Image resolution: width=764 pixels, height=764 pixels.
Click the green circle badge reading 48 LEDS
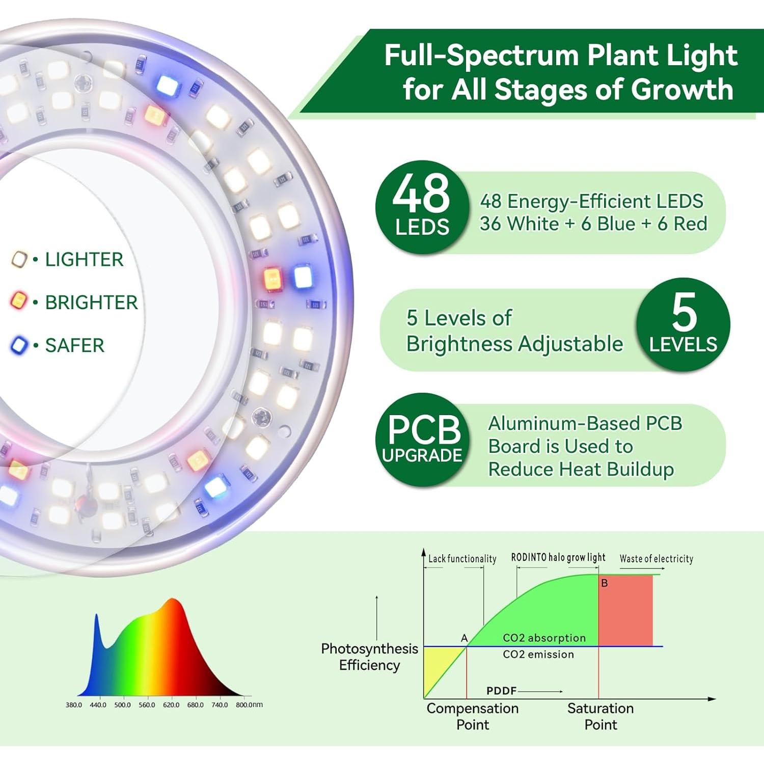click(x=422, y=207)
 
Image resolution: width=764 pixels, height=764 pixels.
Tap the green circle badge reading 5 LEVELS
click(x=683, y=324)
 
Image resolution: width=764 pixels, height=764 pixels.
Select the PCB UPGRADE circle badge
click(x=422, y=439)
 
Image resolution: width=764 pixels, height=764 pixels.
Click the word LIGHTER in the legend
click(x=84, y=259)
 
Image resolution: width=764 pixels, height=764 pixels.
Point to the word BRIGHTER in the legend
click(x=91, y=302)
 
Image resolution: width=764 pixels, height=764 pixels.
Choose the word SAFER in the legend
click(x=74, y=345)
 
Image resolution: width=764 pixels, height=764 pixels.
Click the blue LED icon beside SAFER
click(x=19, y=345)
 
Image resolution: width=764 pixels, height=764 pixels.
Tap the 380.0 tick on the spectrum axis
click(x=73, y=705)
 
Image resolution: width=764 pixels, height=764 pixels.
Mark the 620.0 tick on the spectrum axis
click(x=171, y=705)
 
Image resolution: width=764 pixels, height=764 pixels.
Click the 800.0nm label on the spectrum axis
click(x=249, y=705)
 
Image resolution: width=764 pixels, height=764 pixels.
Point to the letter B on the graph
click(x=605, y=583)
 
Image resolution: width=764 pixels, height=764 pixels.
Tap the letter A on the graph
click(x=464, y=638)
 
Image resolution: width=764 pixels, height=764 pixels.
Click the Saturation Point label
click(x=601, y=716)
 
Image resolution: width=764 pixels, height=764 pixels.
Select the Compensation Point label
click(x=473, y=716)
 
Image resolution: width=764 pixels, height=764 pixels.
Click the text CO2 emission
click(x=538, y=654)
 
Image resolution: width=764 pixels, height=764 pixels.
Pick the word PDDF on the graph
click(x=501, y=691)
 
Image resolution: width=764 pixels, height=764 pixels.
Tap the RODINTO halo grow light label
click(x=558, y=558)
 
